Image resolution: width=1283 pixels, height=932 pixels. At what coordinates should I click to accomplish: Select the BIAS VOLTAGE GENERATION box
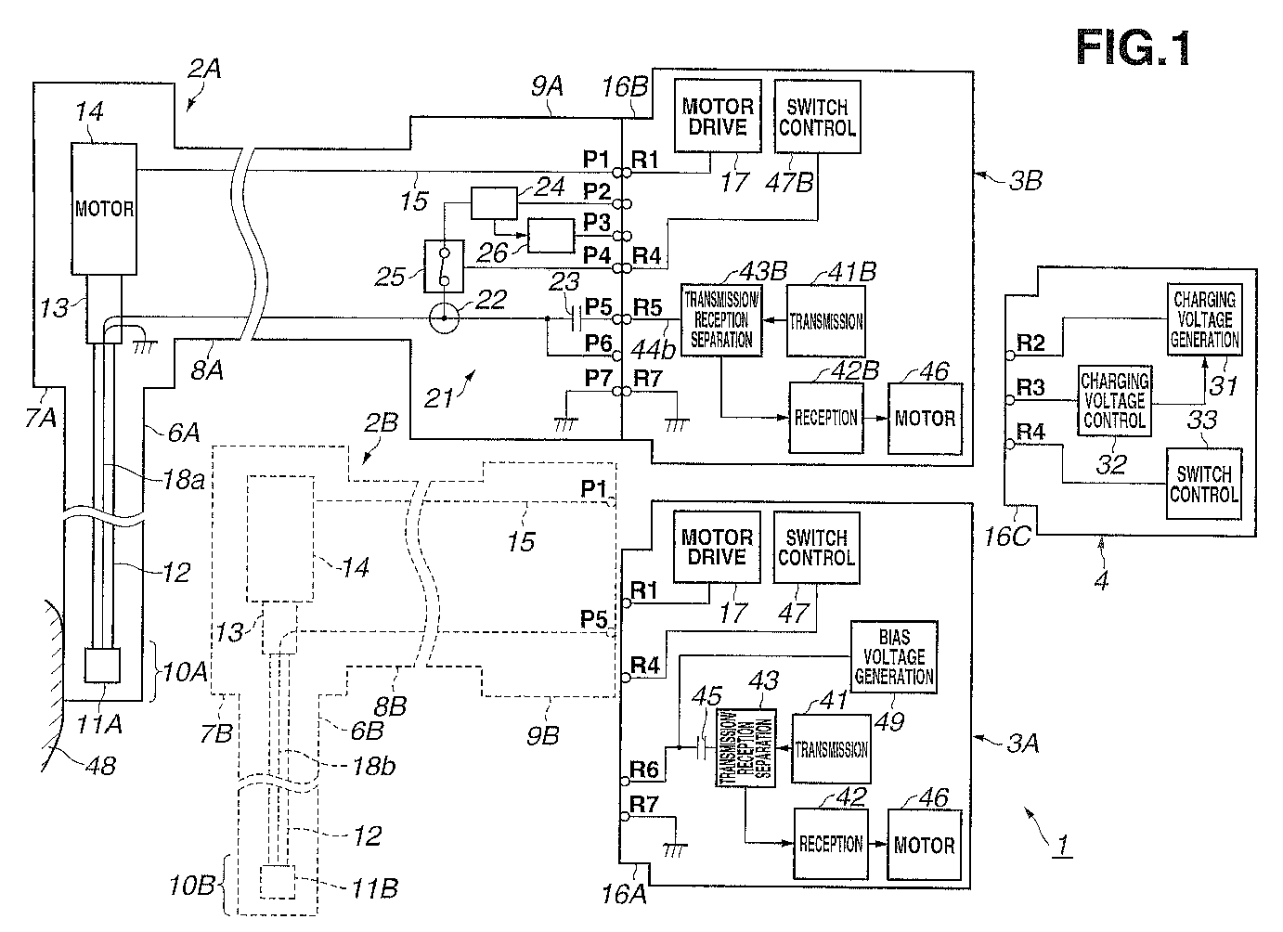tap(894, 657)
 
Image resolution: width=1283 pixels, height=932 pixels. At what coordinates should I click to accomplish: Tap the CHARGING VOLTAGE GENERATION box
tap(1205, 319)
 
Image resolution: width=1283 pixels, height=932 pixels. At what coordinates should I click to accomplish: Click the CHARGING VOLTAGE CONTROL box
tap(1115, 400)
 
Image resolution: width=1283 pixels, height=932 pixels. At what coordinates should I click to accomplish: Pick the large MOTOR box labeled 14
tap(104, 209)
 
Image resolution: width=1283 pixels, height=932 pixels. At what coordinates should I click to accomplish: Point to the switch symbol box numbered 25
tap(444, 266)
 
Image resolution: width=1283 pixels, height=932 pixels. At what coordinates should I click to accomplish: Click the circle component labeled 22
tap(444, 318)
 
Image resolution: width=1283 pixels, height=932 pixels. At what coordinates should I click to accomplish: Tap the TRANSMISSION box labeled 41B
tap(826, 321)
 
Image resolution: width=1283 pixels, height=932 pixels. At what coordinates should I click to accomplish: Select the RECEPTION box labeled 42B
tap(826, 418)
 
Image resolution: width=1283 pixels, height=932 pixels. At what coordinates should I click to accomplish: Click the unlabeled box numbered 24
tap(494, 202)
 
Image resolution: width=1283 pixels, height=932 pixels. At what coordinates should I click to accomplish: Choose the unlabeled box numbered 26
tap(551, 236)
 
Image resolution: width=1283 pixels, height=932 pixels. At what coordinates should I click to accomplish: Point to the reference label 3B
tap(1025, 181)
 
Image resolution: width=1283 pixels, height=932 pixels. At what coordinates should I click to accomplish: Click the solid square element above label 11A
tap(102, 665)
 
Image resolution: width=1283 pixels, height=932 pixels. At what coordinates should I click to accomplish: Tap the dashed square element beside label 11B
tap(278, 882)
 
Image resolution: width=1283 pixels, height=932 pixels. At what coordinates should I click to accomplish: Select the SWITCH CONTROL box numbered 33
tap(1204, 484)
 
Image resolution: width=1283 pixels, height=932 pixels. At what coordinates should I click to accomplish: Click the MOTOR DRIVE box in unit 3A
tap(717, 547)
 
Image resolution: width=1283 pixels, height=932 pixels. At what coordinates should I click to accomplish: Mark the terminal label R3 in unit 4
tap(1030, 387)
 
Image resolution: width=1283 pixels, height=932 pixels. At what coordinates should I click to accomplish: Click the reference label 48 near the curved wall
tap(101, 765)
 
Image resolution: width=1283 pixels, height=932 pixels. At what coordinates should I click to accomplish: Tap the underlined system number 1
tap(1062, 845)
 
